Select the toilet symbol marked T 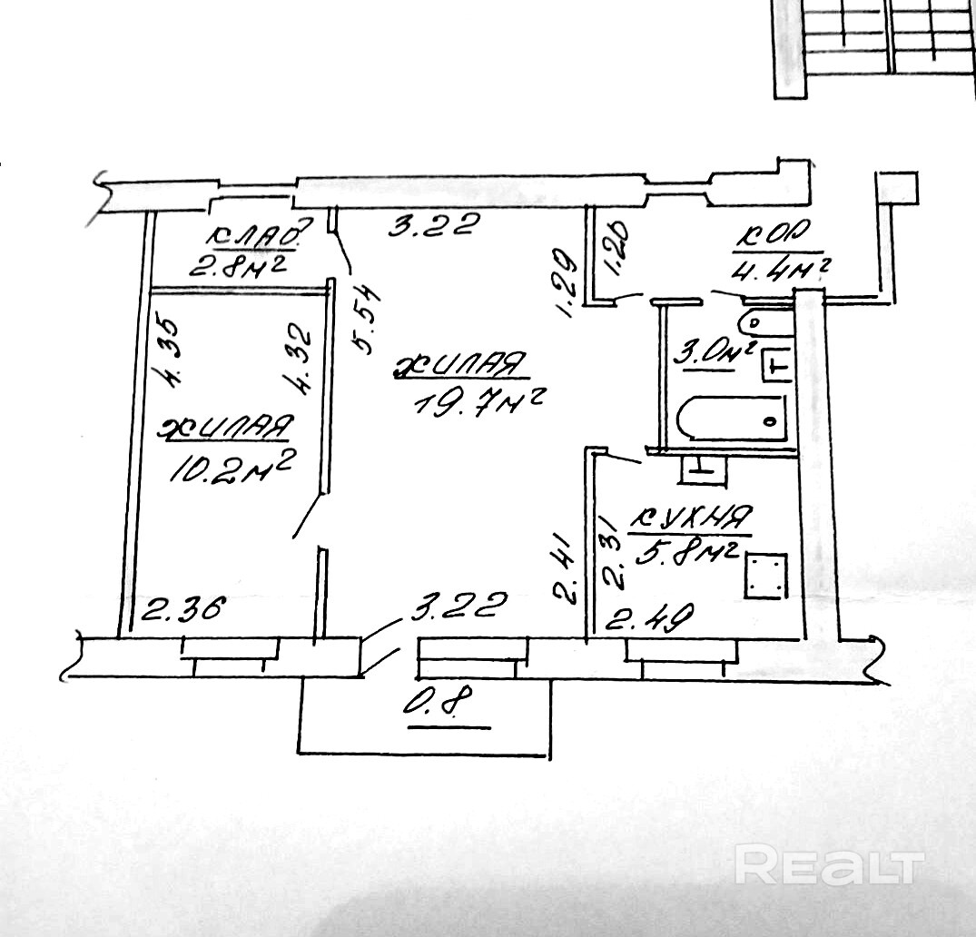click(x=773, y=364)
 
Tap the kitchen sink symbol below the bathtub click(x=703, y=467)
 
